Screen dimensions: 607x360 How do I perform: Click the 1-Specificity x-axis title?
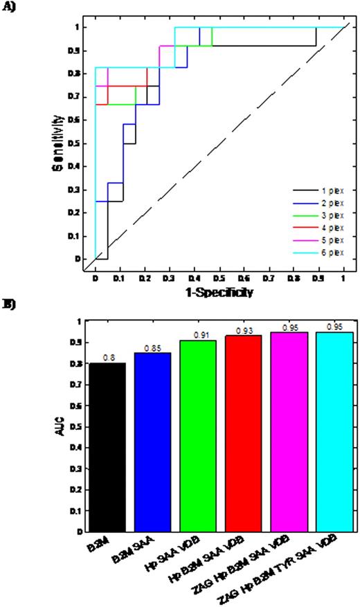[x=219, y=292]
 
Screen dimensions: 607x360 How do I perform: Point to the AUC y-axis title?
[x=64, y=427]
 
